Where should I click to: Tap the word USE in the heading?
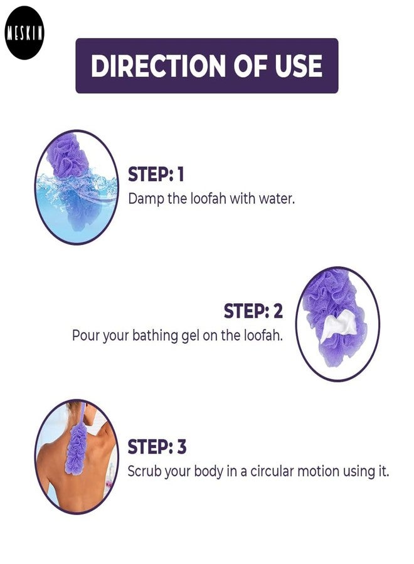299,66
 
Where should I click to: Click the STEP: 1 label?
156,174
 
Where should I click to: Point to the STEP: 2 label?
253,311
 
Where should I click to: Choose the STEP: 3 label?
157,447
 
